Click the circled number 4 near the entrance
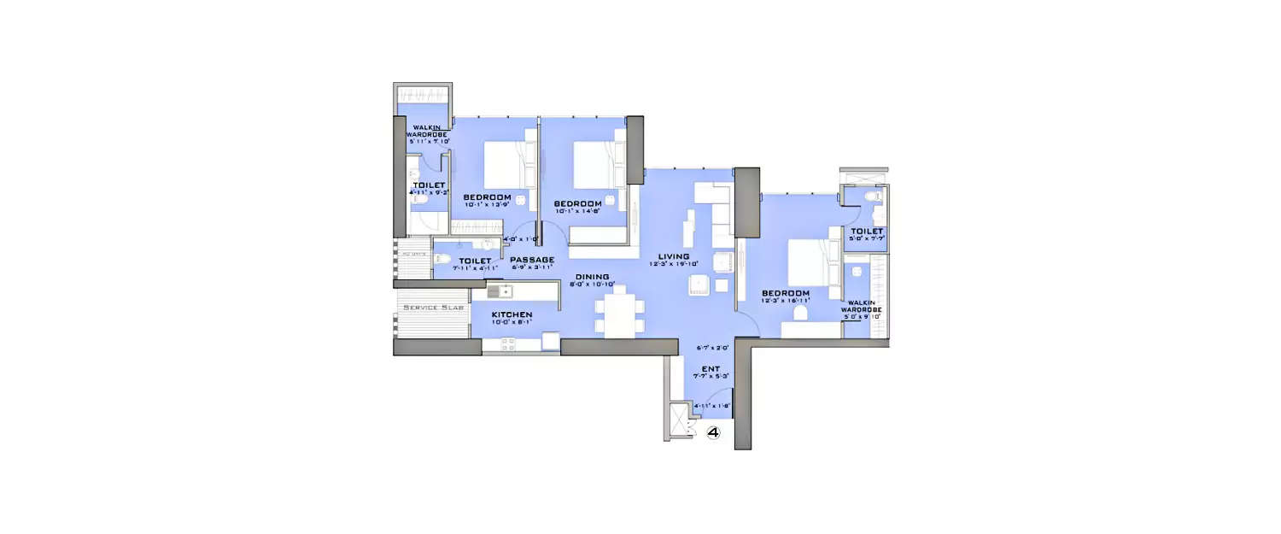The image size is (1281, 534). click(x=714, y=433)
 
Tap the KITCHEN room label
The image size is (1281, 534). click(x=512, y=315)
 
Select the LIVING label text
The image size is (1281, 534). click(x=674, y=255)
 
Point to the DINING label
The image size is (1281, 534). click(x=592, y=277)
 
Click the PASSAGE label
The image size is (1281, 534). click(x=532, y=260)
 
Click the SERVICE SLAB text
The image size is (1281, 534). click(x=433, y=308)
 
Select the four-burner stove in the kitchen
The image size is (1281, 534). click(x=508, y=344)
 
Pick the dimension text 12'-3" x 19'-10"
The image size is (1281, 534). click(x=675, y=265)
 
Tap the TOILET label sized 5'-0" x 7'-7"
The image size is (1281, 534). click(x=866, y=231)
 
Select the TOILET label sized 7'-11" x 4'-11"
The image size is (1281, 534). click(x=475, y=261)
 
